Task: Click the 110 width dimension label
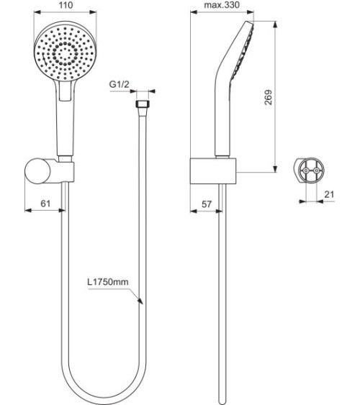click(x=65, y=6)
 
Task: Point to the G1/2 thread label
click(x=120, y=86)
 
